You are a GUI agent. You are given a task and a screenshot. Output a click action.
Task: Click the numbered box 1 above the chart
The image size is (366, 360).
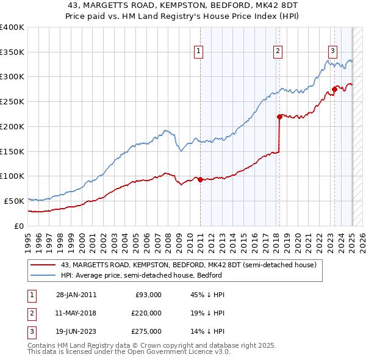click(x=199, y=51)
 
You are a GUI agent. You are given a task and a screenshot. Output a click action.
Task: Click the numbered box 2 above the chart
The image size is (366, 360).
click(x=278, y=51)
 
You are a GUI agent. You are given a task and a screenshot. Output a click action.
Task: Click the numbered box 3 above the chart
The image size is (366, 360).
click(x=332, y=51)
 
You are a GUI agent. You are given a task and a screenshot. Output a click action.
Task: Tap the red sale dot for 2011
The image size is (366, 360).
click(x=200, y=179)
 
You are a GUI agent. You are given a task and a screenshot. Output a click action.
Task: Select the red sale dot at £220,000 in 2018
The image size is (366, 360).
click(x=279, y=116)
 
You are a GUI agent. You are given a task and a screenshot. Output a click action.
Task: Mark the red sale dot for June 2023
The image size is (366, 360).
click(x=334, y=89)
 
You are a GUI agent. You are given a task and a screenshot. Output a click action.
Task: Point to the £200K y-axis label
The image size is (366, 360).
click(x=12, y=126)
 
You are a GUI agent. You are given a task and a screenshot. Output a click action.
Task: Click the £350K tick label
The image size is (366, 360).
click(x=12, y=52)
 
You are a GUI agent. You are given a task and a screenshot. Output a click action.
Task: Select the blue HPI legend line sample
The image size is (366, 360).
click(x=43, y=275)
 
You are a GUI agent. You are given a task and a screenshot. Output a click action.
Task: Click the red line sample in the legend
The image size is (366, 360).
click(x=43, y=265)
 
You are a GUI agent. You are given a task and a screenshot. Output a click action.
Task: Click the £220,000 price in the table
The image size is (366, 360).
click(x=146, y=313)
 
